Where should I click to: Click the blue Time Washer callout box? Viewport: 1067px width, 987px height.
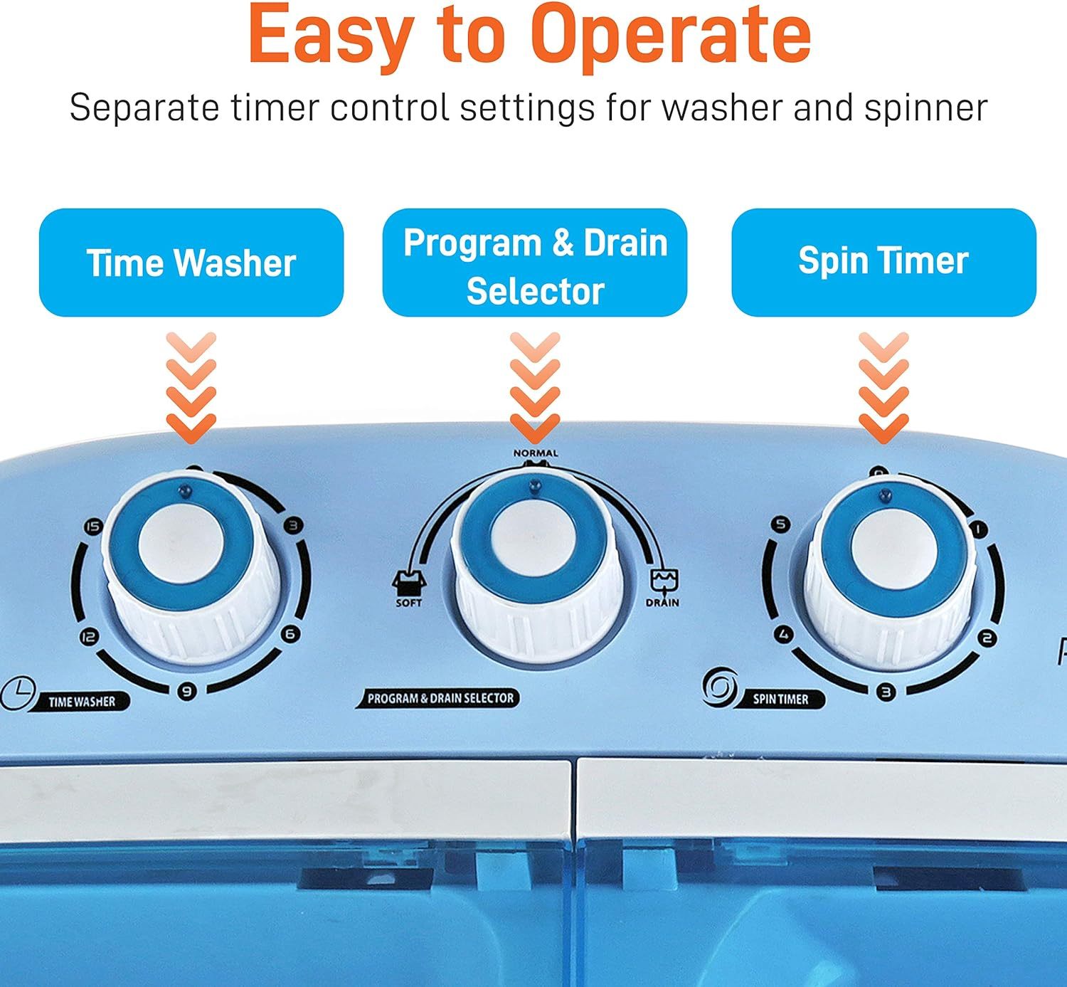(191, 263)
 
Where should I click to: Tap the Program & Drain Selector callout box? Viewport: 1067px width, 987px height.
(535, 263)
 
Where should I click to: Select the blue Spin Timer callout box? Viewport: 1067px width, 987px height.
(883, 263)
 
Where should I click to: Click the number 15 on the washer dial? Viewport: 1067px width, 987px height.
(93, 527)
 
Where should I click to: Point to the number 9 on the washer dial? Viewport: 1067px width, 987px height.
(187, 691)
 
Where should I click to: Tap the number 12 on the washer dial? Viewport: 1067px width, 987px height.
(89, 637)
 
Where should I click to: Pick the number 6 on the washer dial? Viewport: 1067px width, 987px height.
(290, 634)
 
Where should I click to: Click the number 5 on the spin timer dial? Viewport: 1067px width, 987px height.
(781, 524)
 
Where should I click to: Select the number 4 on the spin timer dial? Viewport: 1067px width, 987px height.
(784, 634)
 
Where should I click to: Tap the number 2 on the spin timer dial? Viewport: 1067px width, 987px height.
(987, 638)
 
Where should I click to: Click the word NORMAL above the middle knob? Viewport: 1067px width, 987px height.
(536, 453)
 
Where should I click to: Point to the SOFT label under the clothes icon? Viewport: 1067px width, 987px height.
(409, 603)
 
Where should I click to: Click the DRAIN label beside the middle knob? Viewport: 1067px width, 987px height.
(662, 603)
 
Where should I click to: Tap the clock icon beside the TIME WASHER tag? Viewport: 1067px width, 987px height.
(18, 693)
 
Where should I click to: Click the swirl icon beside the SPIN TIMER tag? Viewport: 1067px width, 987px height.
(720, 687)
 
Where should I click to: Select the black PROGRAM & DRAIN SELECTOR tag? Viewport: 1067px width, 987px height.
(438, 698)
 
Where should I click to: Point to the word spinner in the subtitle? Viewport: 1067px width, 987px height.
(925, 109)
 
